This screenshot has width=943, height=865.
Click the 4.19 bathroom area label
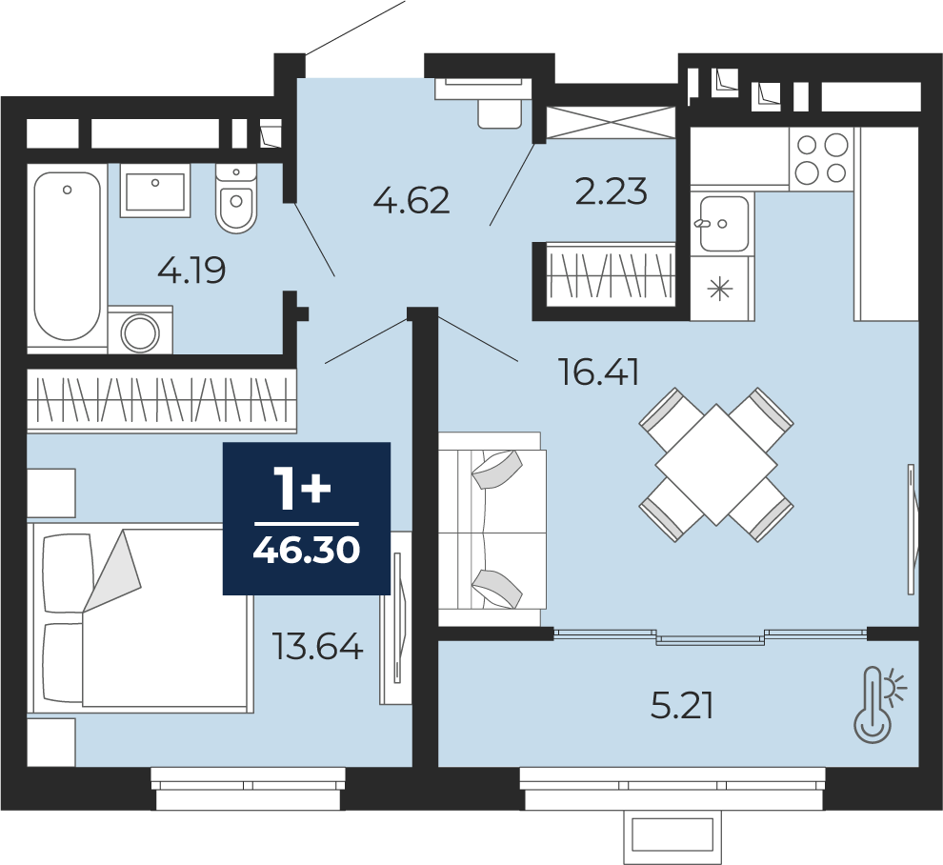tap(191, 271)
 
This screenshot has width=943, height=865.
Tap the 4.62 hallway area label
tap(411, 200)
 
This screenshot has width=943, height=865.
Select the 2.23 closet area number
tap(611, 191)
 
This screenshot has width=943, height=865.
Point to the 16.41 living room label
tap(598, 372)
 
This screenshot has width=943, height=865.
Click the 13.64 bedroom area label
tap(317, 646)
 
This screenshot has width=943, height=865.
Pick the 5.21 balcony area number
tap(682, 706)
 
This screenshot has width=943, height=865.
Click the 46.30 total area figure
tap(307, 550)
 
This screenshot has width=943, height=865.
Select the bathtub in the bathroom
tap(67, 256)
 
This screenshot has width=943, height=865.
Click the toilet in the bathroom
tap(236, 198)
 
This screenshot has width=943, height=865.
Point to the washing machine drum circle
tap(140, 332)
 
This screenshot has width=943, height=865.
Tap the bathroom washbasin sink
tap(155, 191)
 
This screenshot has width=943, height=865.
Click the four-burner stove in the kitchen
tap(821, 159)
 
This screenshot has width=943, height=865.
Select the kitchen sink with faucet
tap(724, 223)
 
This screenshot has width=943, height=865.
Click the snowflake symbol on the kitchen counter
tap(720, 290)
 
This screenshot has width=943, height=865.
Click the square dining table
tap(716, 464)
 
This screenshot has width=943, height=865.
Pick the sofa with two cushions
tap(492, 530)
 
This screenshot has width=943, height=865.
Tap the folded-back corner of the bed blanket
tap(112, 571)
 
